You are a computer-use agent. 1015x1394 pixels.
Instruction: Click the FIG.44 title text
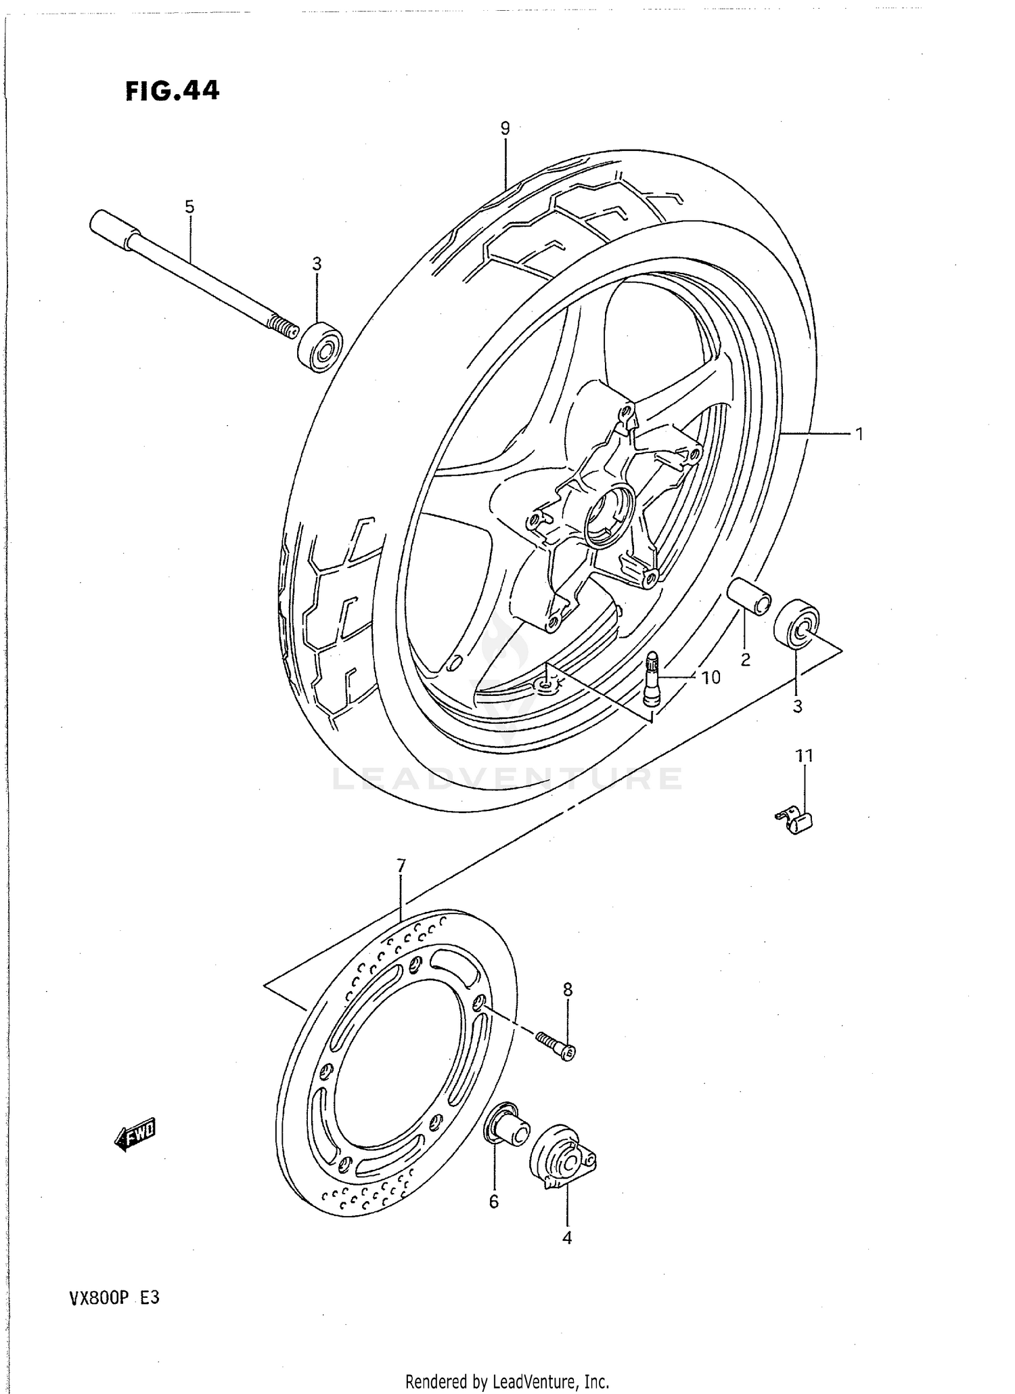pyautogui.click(x=173, y=90)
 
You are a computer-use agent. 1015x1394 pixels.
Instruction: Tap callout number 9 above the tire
pyautogui.click(x=505, y=128)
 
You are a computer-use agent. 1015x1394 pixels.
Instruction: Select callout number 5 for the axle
pyautogui.click(x=189, y=206)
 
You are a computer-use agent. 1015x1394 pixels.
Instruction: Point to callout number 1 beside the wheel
pyautogui.click(x=859, y=434)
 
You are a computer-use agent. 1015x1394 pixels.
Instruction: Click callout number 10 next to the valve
pyautogui.click(x=710, y=677)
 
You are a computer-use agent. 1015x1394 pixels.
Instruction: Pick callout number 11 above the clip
pyautogui.click(x=804, y=756)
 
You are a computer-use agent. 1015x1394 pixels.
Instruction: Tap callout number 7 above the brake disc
pyautogui.click(x=401, y=865)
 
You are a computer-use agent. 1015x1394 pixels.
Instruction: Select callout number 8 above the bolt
pyautogui.click(x=568, y=989)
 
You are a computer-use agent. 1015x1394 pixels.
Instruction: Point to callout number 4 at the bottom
pyautogui.click(x=567, y=1238)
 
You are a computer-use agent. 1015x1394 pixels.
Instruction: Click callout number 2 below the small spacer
pyautogui.click(x=746, y=659)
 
